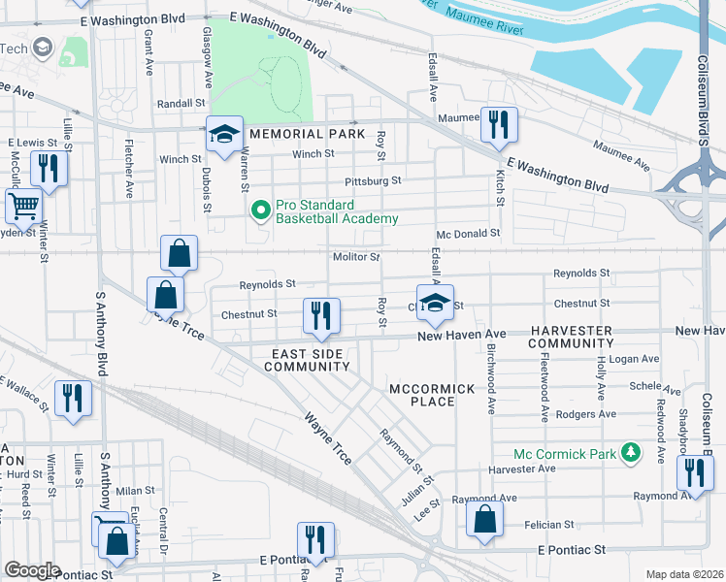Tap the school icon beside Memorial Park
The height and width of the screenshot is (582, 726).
click(223, 135)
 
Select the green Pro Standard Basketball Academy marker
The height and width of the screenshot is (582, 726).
click(260, 210)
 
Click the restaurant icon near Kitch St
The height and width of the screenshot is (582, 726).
click(499, 123)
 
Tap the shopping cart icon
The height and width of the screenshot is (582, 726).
click(22, 206)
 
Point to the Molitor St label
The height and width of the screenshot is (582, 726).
click(355, 257)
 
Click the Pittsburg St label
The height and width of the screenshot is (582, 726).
click(373, 181)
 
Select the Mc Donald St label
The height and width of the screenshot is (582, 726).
click(468, 234)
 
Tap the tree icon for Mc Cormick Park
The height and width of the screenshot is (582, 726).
click(631, 452)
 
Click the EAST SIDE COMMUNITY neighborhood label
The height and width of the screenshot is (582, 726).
click(307, 360)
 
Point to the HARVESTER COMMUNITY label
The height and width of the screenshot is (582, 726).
click(572, 338)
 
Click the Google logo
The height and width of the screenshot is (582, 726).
click(32, 570)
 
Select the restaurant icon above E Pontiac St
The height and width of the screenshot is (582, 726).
click(315, 540)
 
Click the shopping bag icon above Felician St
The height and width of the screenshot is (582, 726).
click(484, 518)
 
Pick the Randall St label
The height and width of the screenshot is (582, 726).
click(181, 103)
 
